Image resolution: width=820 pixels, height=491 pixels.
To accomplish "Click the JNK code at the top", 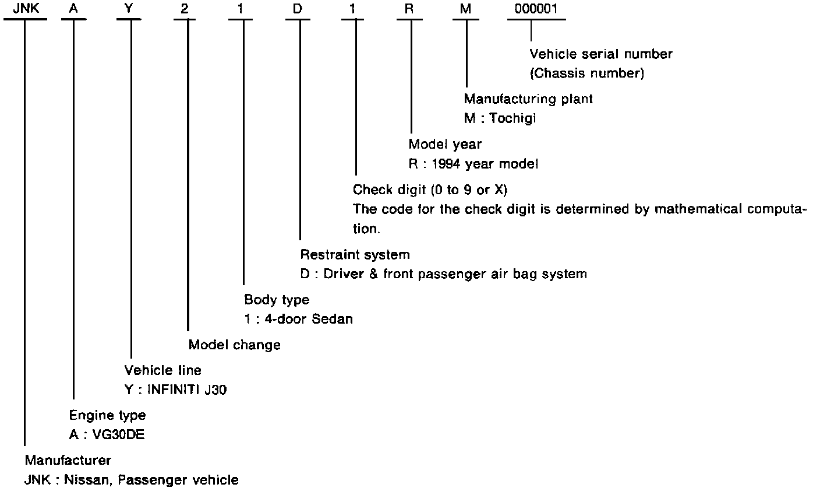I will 24,9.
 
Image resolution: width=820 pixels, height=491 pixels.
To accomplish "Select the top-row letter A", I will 73,9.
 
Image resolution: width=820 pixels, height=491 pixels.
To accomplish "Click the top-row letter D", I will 300,9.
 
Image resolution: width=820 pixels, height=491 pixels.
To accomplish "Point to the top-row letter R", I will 411,9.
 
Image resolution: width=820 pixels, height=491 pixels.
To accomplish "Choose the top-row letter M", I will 466,9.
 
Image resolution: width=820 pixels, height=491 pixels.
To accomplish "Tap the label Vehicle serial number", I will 601,54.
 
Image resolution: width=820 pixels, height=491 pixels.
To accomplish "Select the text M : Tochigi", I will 500,118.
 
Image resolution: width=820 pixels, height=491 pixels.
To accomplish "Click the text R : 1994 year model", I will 473,164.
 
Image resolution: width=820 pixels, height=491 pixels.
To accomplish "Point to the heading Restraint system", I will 355,254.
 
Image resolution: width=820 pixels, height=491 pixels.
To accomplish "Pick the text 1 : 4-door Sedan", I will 298,319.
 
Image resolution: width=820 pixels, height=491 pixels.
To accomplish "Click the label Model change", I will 234,345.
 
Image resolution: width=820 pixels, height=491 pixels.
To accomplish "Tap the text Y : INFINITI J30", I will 175,390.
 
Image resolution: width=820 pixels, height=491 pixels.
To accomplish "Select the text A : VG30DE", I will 107,435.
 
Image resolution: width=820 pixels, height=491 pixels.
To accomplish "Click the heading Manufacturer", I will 68,460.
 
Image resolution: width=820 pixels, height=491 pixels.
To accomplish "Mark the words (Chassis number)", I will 586,73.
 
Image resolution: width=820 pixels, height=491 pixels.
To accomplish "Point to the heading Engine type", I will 107,415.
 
